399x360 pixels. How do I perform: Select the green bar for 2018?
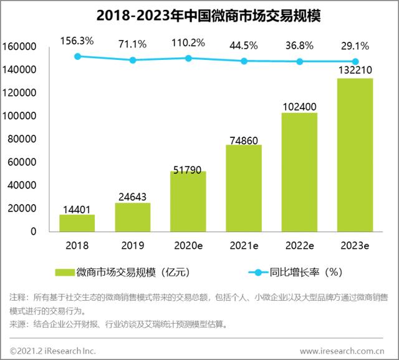click(77, 223)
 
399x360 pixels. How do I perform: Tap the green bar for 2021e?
click(243, 188)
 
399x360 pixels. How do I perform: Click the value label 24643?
click(132, 197)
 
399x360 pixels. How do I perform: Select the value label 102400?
click(299, 106)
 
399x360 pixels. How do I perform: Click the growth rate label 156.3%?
click(77, 41)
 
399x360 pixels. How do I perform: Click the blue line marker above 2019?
click(132, 60)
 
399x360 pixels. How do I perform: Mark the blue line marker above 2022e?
click(299, 61)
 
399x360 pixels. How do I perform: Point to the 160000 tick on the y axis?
click(22, 47)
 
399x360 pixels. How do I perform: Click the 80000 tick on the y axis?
click(24, 139)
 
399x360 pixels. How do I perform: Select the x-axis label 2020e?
click(188, 245)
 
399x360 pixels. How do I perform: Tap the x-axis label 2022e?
click(299, 245)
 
